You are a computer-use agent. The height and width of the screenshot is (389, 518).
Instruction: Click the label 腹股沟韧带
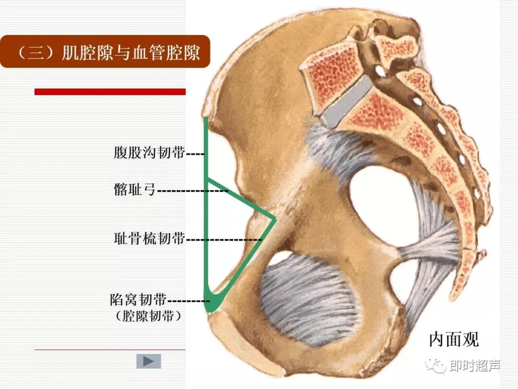(149, 154)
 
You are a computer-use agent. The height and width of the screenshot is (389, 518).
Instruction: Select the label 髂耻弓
(135, 190)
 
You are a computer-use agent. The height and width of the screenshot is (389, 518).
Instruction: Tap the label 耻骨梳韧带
(149, 238)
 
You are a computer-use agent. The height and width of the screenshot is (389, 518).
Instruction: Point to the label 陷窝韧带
(138, 301)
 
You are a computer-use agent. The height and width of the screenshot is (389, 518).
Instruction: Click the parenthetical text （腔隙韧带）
(149, 316)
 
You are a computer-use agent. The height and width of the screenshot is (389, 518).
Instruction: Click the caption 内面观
(453, 340)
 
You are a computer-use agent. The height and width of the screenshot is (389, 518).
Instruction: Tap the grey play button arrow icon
(149, 361)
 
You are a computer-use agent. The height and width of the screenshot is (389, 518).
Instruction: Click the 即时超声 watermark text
(475, 366)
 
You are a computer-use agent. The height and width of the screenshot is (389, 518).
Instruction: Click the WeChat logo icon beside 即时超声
(438, 366)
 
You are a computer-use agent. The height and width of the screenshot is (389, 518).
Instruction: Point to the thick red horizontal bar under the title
(110, 92)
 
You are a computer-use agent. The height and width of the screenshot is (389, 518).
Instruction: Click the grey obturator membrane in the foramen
(307, 300)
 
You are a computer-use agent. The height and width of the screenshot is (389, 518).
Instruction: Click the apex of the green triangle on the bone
(275, 219)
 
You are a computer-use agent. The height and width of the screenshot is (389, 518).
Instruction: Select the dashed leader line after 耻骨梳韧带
(224, 239)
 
